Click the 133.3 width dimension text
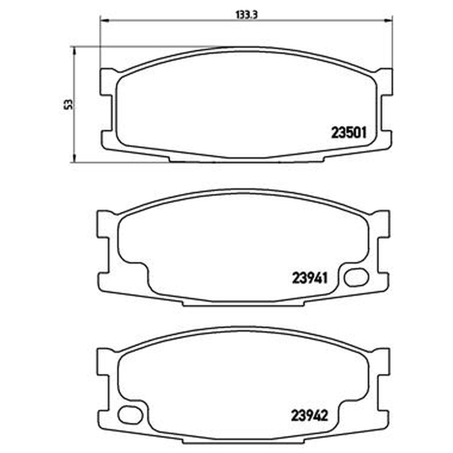pos(246,15)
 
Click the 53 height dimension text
pos(69,104)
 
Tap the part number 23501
pos(349,133)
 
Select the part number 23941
pos(310,278)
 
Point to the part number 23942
pos(309,416)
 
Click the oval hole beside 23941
pos(356,277)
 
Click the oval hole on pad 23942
pos(130,415)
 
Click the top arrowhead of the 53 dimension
pos(74,51)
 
